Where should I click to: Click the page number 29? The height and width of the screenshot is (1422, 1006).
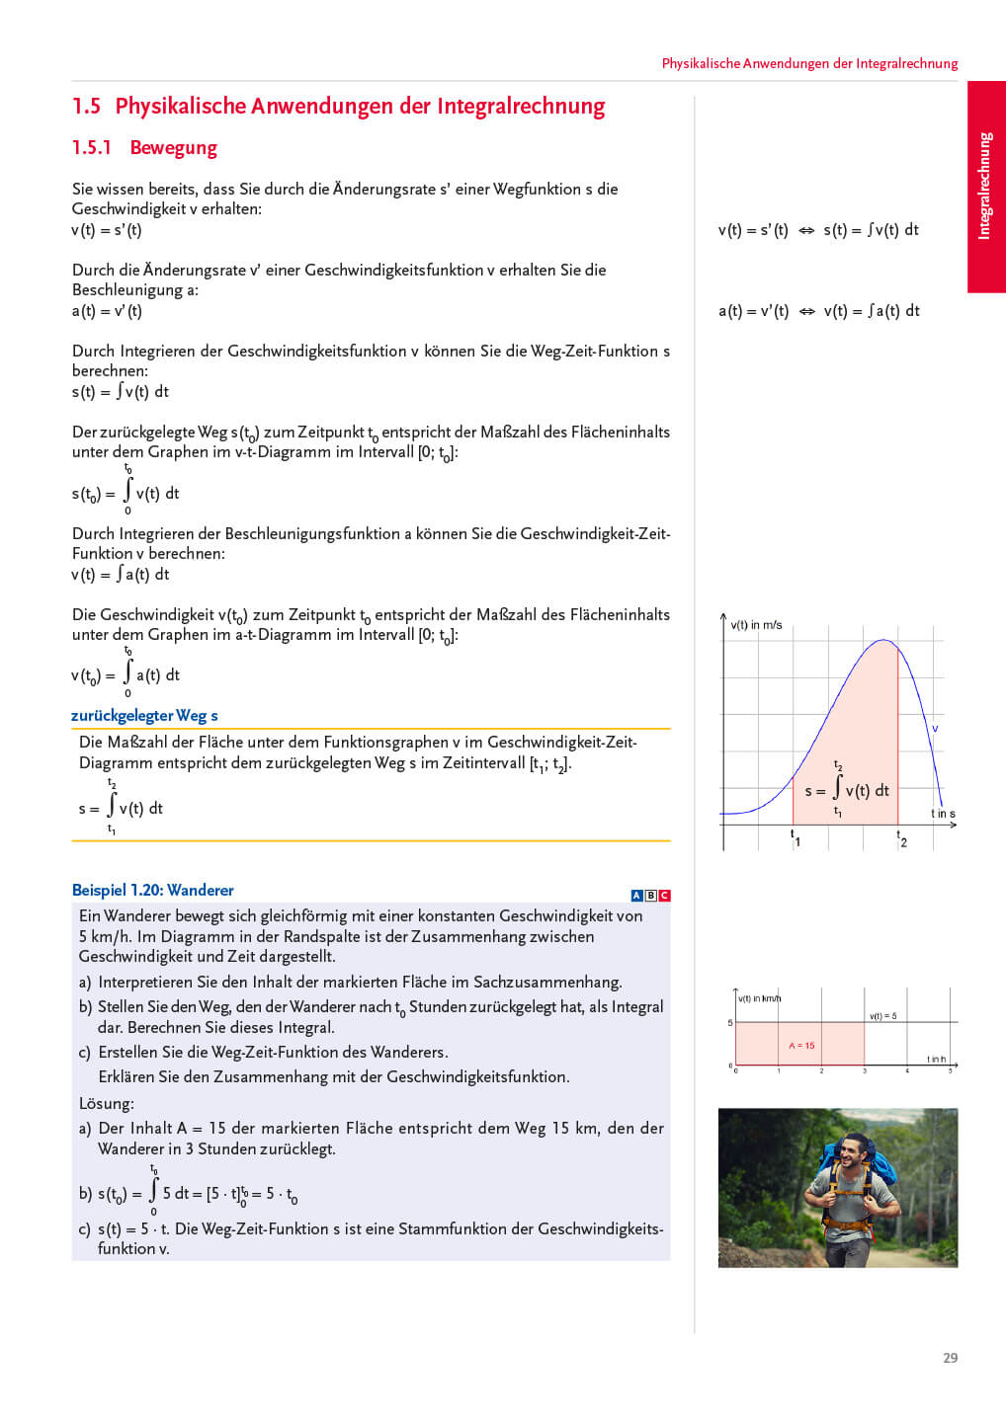pos(950,1358)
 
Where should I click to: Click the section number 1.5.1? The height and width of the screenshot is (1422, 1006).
pos(92,148)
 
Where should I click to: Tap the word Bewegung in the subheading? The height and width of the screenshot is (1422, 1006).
pos(173,148)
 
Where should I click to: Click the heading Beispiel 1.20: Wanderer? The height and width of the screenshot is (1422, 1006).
pos(153,891)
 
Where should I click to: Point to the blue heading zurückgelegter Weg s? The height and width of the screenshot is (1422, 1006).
pos(144,716)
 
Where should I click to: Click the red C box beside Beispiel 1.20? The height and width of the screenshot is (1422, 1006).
pos(664,896)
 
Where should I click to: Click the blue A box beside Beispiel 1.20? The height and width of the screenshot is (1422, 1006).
pos(636,896)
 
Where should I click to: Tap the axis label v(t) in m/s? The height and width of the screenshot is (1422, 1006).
pos(756,625)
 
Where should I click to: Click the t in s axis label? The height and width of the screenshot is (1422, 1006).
pos(943,814)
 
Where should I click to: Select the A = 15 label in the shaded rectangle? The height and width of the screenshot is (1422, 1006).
pos(801,1045)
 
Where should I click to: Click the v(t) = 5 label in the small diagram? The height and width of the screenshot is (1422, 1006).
pos(882,1016)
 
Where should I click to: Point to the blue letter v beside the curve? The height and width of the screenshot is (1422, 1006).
pos(935,729)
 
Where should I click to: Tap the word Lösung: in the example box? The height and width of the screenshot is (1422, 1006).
pos(107,1103)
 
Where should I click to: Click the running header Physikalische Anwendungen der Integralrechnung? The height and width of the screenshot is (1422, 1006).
pos(809,63)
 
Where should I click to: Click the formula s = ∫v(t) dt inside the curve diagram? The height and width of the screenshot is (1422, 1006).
pos(847,790)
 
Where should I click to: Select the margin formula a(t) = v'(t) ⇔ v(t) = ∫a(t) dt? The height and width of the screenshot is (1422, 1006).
pos(818,311)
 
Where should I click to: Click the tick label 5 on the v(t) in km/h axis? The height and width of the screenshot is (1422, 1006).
pos(730,1023)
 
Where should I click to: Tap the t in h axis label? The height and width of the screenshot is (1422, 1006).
pos(936,1059)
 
